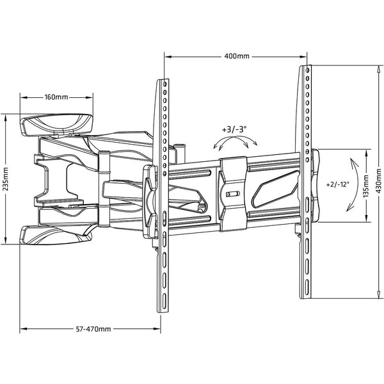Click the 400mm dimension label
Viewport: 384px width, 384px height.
tap(237, 56)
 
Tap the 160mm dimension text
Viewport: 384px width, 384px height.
tap(56, 97)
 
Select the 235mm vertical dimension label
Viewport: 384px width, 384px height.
tap(5, 179)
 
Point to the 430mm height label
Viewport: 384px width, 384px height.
tap(379, 180)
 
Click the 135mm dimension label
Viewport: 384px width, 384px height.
tap(366, 186)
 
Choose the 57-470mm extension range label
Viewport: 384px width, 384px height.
tap(93, 329)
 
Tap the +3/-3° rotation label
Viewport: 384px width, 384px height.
tap(234, 129)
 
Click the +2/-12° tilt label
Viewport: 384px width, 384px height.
tap(338, 184)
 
